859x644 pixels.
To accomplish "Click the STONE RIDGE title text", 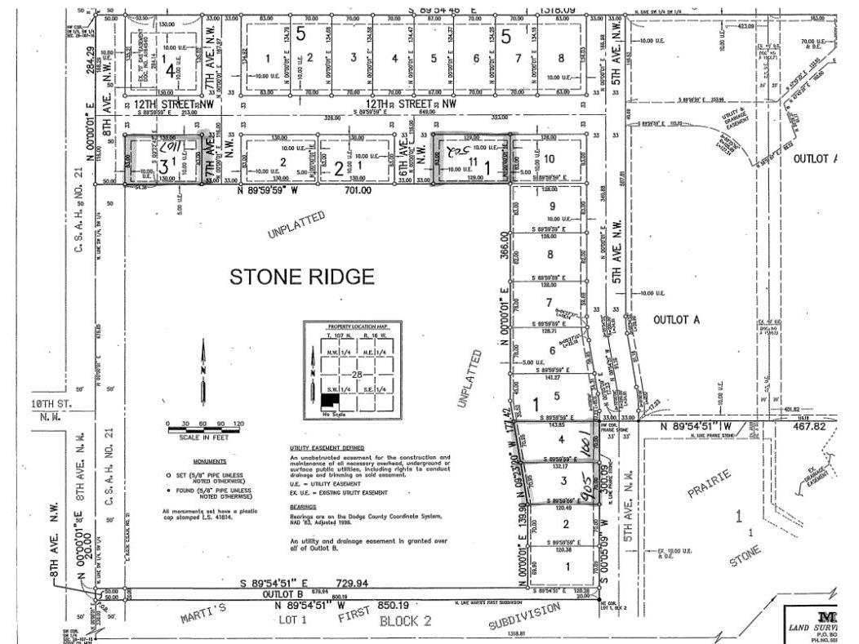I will [302, 277].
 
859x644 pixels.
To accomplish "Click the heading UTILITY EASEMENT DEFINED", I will [327, 448].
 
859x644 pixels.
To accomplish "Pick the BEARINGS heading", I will [303, 506].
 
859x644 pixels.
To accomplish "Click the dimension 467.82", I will [821, 425].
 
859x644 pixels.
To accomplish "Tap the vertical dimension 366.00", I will [504, 247].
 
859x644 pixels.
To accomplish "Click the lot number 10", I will [550, 158].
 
